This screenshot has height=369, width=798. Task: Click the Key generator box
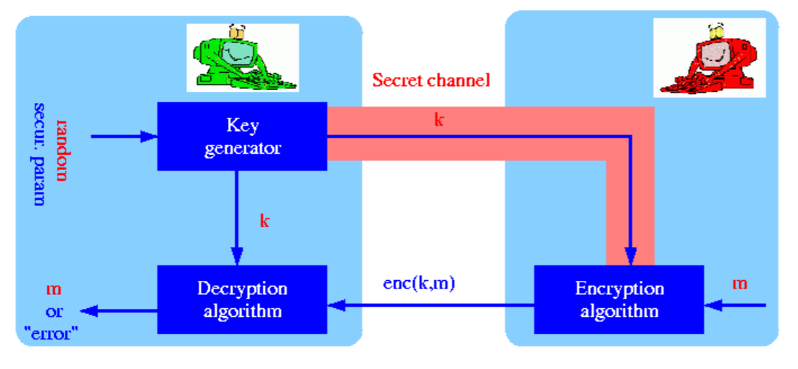[242, 136]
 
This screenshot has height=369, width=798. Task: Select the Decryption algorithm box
[242, 299]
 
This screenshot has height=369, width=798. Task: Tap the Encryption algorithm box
[619, 299]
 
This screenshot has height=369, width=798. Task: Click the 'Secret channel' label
[430, 80]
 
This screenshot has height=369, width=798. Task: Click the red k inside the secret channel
[439, 119]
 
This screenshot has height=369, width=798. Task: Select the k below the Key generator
[265, 220]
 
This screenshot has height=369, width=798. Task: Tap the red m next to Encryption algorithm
[739, 284]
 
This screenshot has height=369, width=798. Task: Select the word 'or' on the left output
[54, 310]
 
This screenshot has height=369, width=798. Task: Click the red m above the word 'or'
[54, 289]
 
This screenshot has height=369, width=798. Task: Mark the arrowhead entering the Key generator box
[150, 136]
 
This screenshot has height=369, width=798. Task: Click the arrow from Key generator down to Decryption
[238, 212]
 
